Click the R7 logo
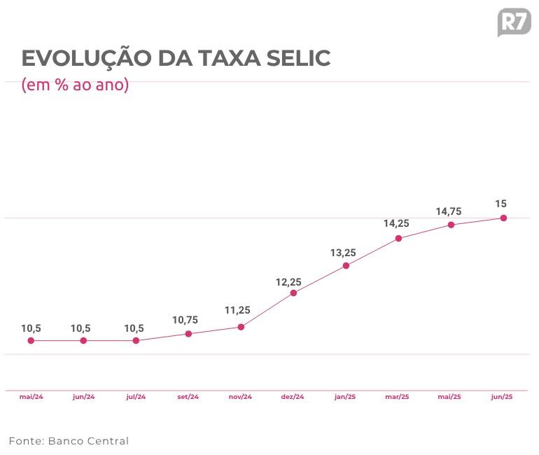point(514,22)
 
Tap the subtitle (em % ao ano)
point(76,85)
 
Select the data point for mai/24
point(31,341)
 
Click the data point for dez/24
point(293,293)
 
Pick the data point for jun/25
point(503,218)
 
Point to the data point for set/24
point(188,334)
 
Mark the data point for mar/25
point(398,239)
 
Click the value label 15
point(500,204)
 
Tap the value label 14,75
point(448,211)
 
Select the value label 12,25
point(288,282)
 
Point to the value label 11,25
point(238,310)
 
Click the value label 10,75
point(185,320)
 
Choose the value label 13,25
point(343,253)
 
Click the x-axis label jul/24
point(136,397)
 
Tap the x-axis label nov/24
point(240,397)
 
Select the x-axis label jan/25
point(345,397)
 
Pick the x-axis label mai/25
point(449,397)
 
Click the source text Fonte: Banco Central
point(69,441)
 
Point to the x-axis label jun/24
point(83,397)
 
